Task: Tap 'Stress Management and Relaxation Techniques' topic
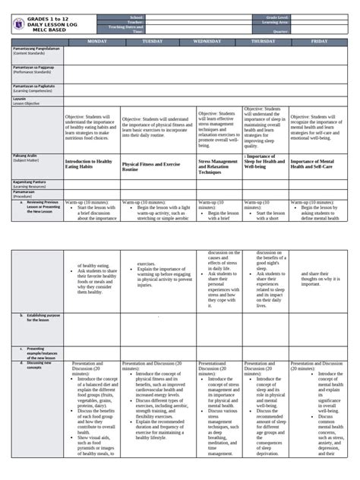[219, 167]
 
